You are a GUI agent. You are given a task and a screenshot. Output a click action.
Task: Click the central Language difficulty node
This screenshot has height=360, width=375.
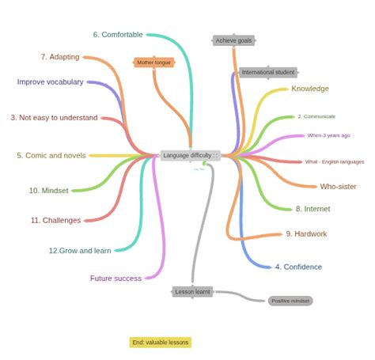click(187, 155)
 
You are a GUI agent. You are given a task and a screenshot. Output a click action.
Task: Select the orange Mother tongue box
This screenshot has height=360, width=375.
click(153, 62)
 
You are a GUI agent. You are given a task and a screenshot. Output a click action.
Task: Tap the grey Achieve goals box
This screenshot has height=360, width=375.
click(234, 40)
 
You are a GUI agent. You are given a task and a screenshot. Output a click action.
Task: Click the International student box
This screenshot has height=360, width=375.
click(267, 72)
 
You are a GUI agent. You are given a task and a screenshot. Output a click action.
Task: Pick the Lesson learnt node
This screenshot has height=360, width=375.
click(193, 291)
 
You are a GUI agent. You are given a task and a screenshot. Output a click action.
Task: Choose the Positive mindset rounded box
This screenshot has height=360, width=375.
click(290, 301)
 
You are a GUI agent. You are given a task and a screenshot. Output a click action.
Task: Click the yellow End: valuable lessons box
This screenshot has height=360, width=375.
click(161, 343)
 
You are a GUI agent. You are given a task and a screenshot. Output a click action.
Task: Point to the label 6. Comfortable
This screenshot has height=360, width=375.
click(118, 34)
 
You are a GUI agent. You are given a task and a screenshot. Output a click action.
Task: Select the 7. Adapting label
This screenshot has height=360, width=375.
click(60, 57)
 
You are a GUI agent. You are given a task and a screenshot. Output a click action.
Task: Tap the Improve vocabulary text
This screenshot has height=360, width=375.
click(51, 81)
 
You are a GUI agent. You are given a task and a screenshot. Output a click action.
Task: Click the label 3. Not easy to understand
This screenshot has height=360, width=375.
click(54, 118)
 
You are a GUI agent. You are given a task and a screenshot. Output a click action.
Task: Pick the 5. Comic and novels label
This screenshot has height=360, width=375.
click(51, 156)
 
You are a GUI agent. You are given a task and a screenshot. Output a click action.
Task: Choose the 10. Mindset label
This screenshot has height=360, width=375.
click(48, 191)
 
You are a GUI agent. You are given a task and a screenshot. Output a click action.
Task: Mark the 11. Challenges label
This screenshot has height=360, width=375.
click(55, 221)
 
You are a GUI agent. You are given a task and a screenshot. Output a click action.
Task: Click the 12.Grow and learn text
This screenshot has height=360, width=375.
click(80, 251)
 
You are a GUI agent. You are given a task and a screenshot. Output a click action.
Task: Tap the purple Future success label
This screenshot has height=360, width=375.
click(116, 279)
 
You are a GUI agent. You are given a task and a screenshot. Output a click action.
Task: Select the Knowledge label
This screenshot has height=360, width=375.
click(310, 89)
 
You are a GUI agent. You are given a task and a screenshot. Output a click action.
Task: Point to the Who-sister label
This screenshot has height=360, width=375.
click(338, 187)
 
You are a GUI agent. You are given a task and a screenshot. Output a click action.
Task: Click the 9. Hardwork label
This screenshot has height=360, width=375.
click(306, 233)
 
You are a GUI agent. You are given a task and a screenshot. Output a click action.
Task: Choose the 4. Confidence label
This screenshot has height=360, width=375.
click(298, 267)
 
